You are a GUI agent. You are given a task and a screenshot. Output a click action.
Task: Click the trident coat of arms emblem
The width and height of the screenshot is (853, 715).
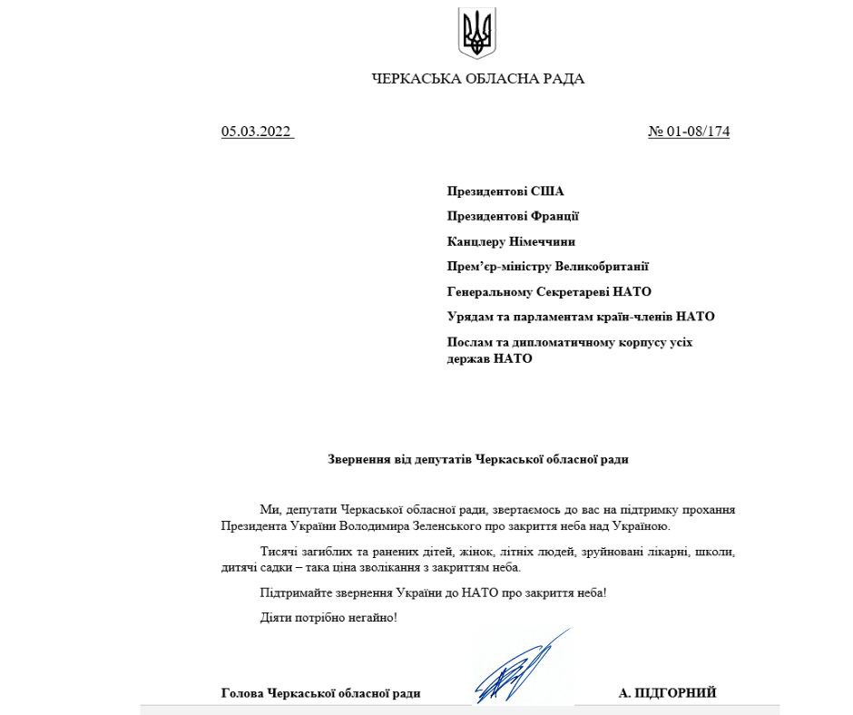[x=477, y=32]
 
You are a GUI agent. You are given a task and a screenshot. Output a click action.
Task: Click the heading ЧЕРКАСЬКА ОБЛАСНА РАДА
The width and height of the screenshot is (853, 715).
[x=478, y=79]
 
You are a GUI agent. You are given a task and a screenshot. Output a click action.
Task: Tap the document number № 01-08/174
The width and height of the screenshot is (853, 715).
[x=689, y=132]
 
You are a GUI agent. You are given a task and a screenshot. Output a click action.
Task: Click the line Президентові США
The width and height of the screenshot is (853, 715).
[x=505, y=191]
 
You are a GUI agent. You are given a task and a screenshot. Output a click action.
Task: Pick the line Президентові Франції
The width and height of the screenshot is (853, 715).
[x=513, y=217]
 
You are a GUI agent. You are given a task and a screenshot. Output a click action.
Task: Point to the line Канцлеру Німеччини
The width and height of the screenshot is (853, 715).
[x=511, y=241]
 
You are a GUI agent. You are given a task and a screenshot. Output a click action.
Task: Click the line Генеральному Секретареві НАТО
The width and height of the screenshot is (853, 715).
[x=549, y=291]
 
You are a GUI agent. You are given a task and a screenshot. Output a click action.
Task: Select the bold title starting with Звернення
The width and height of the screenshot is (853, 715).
[x=477, y=459]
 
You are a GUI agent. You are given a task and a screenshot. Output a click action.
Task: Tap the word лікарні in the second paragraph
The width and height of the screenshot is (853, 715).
[x=646, y=552]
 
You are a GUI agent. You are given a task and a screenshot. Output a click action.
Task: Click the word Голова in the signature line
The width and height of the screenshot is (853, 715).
[x=242, y=694]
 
